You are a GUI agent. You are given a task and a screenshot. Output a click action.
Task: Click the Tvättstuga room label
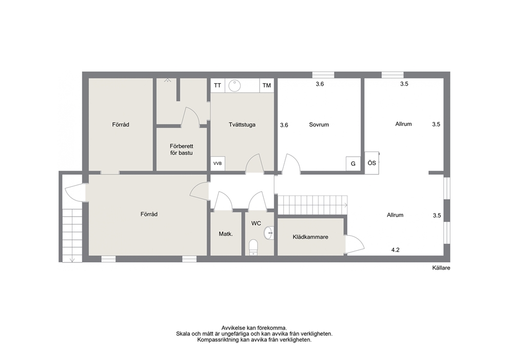point(242,124)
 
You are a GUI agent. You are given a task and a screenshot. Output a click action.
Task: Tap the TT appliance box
point(218,85)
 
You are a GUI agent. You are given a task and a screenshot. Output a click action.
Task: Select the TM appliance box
point(266,85)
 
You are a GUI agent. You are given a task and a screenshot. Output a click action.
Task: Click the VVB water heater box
point(218,163)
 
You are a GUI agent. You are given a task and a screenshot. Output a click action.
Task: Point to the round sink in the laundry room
point(234,86)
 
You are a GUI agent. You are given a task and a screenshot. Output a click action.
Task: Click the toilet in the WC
point(253,247)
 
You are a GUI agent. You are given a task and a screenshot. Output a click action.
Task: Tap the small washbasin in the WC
point(269,233)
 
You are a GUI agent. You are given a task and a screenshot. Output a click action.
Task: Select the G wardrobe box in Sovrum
point(353,164)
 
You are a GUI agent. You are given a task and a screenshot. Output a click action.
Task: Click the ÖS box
point(371,162)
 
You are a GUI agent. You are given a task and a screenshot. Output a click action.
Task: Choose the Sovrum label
point(319,124)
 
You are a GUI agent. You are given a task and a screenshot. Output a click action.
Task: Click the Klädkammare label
point(310,237)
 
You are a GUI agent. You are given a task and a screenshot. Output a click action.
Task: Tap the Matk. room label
point(226,234)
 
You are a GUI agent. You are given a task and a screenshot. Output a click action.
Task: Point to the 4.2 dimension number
point(395,250)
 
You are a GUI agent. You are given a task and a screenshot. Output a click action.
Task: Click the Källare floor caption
point(441,268)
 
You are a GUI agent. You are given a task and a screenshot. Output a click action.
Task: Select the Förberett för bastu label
point(182,149)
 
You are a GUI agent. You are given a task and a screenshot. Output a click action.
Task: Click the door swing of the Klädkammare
point(355,244)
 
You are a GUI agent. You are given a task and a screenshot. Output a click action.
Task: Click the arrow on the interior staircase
point(346,205)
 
